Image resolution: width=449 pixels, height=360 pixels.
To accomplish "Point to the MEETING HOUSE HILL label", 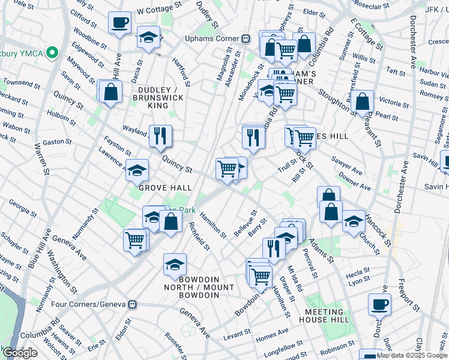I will (333, 313).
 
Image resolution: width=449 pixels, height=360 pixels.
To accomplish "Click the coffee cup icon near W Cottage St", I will (119, 23).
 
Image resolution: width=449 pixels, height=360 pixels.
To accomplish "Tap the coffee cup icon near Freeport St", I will (379, 304).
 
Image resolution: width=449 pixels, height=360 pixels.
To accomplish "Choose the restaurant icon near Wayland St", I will (160, 136).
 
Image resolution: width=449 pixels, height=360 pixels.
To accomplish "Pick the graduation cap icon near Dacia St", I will (146, 38).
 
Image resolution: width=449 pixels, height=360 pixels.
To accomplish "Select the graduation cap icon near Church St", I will (354, 221).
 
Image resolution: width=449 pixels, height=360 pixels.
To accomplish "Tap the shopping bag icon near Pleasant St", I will (363, 102).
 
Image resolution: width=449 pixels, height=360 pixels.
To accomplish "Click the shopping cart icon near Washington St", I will (135, 240).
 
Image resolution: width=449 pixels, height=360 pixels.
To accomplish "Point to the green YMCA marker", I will (52, 53).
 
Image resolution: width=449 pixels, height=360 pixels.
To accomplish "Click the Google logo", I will (20, 353).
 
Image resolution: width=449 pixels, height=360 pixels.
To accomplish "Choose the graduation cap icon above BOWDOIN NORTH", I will (175, 264).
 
